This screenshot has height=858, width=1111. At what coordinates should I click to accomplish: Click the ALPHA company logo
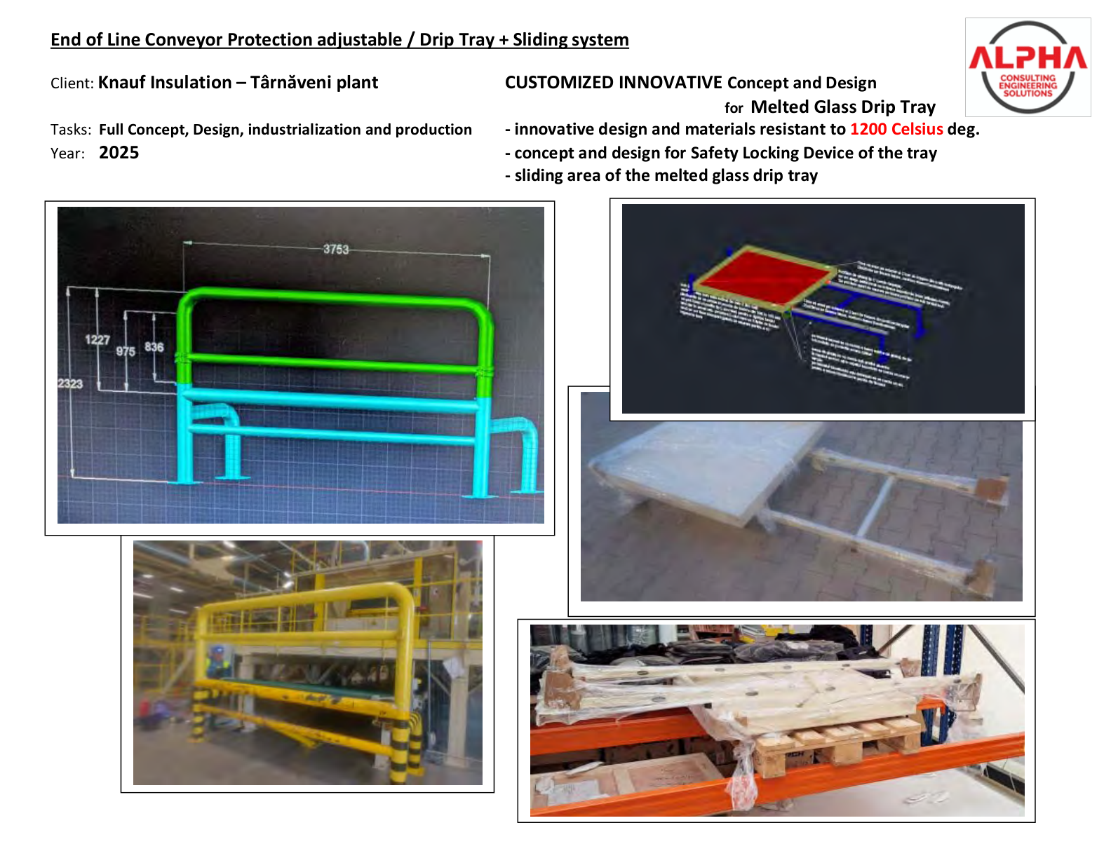(1028, 67)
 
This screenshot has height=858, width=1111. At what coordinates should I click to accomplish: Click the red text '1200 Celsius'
(896, 129)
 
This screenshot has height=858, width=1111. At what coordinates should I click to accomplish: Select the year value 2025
(119, 153)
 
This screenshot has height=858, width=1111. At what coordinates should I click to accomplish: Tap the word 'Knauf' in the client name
(121, 83)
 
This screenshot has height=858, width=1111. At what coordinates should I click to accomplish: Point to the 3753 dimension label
(335, 249)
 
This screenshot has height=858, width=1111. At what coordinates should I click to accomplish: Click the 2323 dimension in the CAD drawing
(70, 383)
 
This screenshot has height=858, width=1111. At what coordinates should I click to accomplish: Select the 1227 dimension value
(97, 340)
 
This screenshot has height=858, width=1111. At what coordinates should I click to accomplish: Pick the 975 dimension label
(126, 351)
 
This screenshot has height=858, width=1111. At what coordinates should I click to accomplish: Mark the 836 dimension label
(154, 347)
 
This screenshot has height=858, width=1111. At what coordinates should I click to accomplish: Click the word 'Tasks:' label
(70, 130)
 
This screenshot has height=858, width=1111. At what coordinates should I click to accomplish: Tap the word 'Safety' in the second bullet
(713, 153)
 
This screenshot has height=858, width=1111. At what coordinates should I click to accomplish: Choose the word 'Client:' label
(72, 83)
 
